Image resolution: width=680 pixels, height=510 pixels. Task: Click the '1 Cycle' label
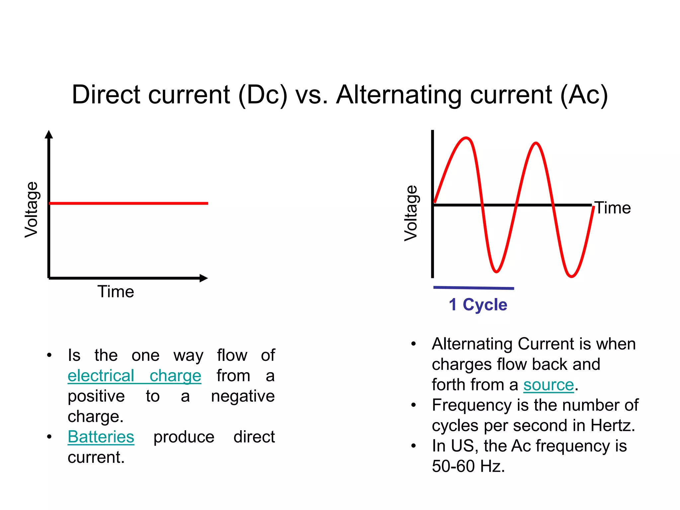pyautogui.click(x=478, y=304)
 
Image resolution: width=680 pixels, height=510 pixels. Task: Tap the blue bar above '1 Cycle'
pyautogui.click(x=474, y=288)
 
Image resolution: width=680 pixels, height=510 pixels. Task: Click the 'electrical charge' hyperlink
pyautogui.click(x=134, y=376)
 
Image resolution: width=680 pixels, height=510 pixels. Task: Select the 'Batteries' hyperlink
pyautogui.click(x=101, y=437)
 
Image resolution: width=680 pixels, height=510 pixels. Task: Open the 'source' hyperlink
pyautogui.click(x=549, y=385)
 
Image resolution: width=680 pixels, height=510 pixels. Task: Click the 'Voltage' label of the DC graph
pyautogui.click(x=32, y=210)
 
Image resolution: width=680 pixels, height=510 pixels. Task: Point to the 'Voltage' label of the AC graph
pyautogui.click(x=411, y=213)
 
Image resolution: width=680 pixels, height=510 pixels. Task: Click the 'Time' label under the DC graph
pyautogui.click(x=116, y=292)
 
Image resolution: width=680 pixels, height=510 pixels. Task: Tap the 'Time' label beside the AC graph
pyautogui.click(x=613, y=208)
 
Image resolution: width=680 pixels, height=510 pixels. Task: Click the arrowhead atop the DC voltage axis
pyautogui.click(x=49, y=134)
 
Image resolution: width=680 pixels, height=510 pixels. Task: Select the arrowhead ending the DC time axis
pyautogui.click(x=204, y=278)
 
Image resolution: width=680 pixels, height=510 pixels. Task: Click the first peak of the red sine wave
pyautogui.click(x=466, y=138)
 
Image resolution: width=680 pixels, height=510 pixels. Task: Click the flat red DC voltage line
pyautogui.click(x=128, y=203)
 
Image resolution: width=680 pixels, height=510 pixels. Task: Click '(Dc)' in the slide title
pyautogui.click(x=263, y=95)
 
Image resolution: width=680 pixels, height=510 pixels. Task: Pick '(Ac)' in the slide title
pyautogui.click(x=584, y=95)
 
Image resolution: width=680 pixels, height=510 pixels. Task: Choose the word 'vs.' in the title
pyautogui.click(x=311, y=95)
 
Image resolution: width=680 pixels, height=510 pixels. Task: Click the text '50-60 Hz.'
pyautogui.click(x=468, y=466)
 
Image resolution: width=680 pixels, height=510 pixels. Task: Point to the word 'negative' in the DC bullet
pyautogui.click(x=243, y=396)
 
